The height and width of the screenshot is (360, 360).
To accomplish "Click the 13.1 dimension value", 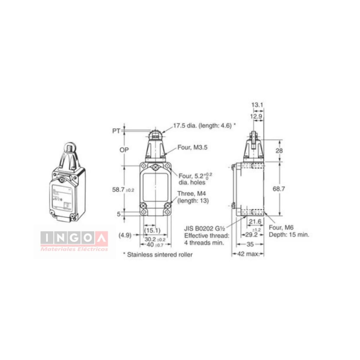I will [257, 105].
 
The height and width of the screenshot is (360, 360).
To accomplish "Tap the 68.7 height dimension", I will [279, 189].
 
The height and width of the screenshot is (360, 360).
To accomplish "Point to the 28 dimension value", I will [279, 150].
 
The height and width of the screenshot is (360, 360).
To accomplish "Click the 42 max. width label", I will [248, 254].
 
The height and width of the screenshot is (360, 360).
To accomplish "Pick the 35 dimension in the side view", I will [250, 244].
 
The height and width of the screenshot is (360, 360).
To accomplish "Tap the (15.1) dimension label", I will [152, 230].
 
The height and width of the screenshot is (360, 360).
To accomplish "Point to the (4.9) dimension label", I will [125, 235].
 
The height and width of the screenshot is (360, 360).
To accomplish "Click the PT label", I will [116, 131].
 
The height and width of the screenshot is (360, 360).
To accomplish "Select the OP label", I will [124, 150].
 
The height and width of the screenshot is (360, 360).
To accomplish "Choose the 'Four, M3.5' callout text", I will [192, 147].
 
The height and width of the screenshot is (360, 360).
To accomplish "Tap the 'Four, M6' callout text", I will [281, 228].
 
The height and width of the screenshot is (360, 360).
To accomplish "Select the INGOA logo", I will [74, 238].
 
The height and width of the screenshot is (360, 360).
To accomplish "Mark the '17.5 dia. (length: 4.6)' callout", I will [204, 126].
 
